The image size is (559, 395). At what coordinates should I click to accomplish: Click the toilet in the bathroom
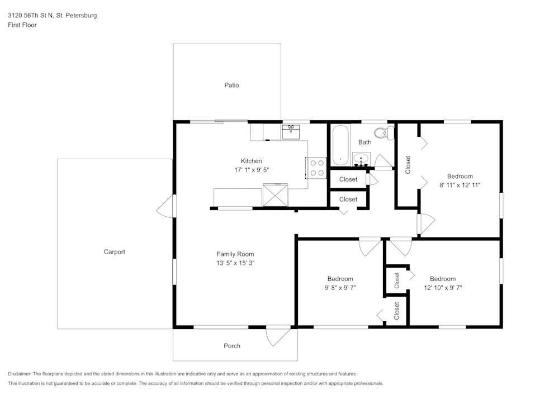(x=383, y=133)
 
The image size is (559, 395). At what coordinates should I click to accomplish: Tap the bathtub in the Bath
(x=340, y=145)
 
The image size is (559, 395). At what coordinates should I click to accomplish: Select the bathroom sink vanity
(x=362, y=159)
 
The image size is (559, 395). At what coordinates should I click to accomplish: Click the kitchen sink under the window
(x=291, y=132)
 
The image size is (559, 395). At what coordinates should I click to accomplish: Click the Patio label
(x=231, y=85)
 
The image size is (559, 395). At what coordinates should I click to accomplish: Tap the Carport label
(x=115, y=252)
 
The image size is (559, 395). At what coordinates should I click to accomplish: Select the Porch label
(x=232, y=346)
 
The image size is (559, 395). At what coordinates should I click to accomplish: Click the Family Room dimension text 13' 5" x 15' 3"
(x=235, y=263)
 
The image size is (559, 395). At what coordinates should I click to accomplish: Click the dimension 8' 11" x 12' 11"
(x=460, y=185)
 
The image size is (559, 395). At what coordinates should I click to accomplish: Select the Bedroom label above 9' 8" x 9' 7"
(x=340, y=279)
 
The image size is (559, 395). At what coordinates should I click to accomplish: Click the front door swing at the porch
(x=277, y=335)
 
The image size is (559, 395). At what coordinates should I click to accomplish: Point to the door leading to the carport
(x=165, y=208)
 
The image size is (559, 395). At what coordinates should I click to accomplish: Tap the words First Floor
(x=22, y=25)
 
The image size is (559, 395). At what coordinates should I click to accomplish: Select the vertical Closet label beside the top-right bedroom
(x=408, y=164)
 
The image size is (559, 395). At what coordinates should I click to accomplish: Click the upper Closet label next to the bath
(x=348, y=179)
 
